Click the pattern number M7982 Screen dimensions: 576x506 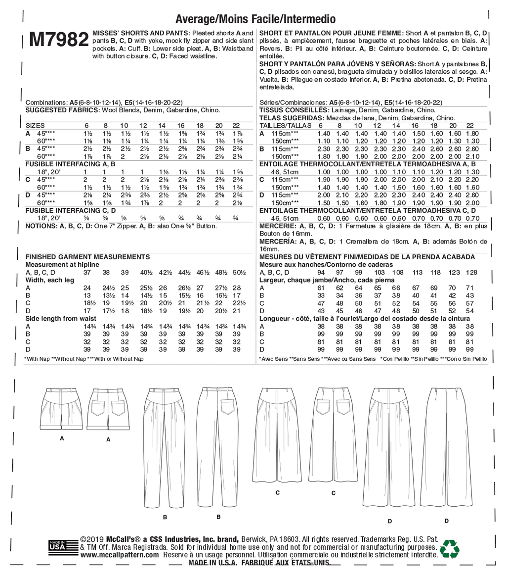pyautogui.click(x=59, y=41)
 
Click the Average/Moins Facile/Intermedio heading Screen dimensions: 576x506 pyautogui.click(x=255, y=19)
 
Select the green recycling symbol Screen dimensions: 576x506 pyautogui.click(x=450, y=548)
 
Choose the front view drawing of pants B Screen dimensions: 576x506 pyautogui.click(x=165, y=448)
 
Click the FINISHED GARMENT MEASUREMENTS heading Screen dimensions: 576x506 pyautogui.click(x=87, y=257)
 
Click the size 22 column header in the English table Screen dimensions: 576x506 pyautogui.click(x=236, y=126)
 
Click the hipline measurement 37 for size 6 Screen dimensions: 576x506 pyautogui.click(x=87, y=272)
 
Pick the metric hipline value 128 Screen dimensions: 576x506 pyautogui.click(x=471, y=272)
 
